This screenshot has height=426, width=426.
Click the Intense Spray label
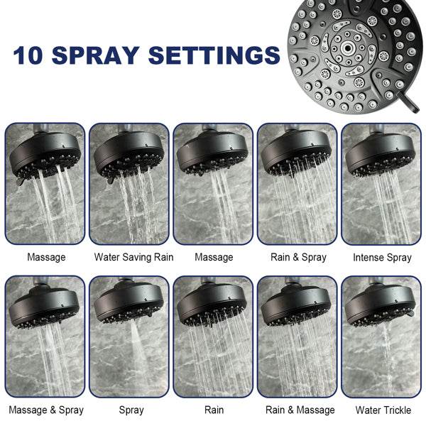(x=382, y=257)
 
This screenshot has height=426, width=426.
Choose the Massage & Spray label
(x=46, y=410)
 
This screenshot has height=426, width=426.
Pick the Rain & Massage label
(x=300, y=410)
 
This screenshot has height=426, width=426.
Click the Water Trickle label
(x=383, y=410)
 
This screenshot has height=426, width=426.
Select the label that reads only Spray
(x=131, y=410)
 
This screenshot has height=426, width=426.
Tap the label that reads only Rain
(x=214, y=410)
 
